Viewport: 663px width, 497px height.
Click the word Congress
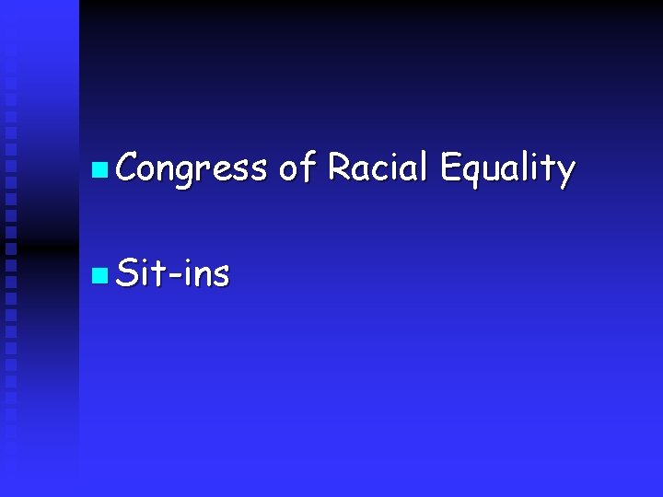coord(192,169)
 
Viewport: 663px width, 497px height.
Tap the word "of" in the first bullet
coord(297,168)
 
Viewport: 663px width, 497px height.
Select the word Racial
coord(378,168)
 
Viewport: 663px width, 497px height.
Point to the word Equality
coord(507,169)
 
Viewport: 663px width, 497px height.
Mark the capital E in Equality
coord(449,168)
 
